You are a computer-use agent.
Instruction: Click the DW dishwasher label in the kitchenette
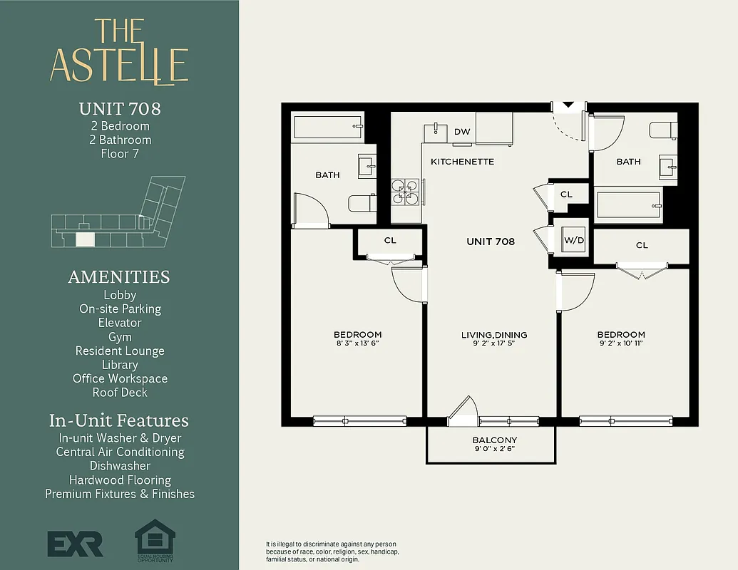coord(461,132)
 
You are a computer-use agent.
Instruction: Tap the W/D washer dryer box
coord(574,240)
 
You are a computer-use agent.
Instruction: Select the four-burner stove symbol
coord(405,191)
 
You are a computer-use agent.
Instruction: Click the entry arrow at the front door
coord(568,105)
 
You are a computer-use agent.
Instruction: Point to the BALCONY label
coord(494,440)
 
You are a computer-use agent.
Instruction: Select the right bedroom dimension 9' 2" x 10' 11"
coord(620,344)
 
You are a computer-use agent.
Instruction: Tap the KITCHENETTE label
coord(462,162)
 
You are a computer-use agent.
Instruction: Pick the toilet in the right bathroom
coord(662,131)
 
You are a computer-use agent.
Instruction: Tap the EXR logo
coord(75,543)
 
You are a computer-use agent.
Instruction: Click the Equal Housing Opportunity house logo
coord(155,538)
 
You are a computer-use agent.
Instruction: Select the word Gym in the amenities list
coord(120,337)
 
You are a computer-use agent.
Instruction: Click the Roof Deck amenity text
coord(120,393)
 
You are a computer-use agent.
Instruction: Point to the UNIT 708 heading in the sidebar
coord(120,109)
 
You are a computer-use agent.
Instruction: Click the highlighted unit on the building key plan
coord(85,239)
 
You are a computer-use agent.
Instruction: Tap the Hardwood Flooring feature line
coord(120,480)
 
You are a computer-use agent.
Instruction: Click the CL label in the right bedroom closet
coord(642,245)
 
